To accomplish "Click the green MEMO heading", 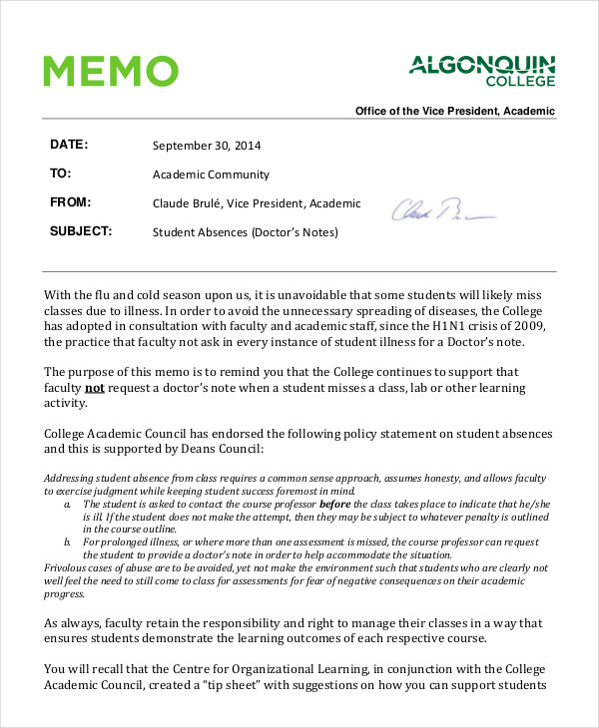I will pyautogui.click(x=111, y=72).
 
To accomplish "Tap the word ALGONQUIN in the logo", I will pyautogui.click(x=482, y=67).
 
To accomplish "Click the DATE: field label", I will pyautogui.click(x=69, y=145).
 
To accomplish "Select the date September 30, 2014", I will pyautogui.click(x=208, y=146).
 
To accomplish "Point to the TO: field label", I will pyautogui.click(x=60, y=174).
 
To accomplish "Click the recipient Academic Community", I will pyautogui.click(x=211, y=175).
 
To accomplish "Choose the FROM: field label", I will pyautogui.click(x=71, y=202).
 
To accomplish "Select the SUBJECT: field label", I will pyautogui.click(x=81, y=232).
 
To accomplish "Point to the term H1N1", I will pyautogui.click(x=458, y=327).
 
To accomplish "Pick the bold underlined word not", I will pyautogui.click(x=94, y=388).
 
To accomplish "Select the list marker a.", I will pyautogui.click(x=66, y=506).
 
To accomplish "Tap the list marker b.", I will pyautogui.click(x=66, y=543).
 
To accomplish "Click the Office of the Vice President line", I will pyautogui.click(x=455, y=112).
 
